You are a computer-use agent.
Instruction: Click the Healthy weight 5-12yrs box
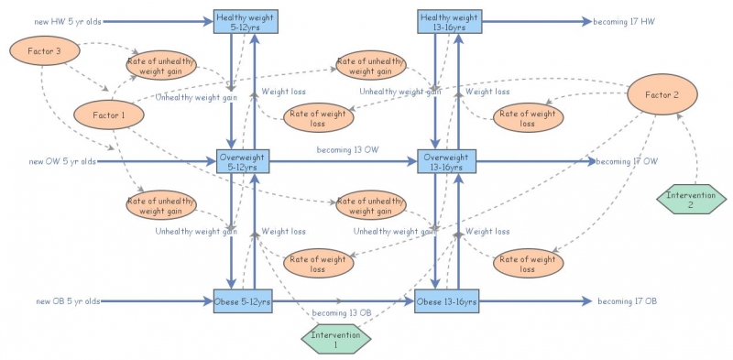coord(240,22)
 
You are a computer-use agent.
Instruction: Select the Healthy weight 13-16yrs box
coord(447,22)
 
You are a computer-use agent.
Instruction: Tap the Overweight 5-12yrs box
coord(242,161)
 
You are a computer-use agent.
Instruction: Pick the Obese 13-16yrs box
coord(447,302)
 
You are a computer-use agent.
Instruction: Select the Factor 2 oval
coord(662,94)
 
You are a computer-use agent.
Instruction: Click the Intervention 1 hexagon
coord(337,339)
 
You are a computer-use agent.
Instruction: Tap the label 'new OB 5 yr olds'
coord(67,301)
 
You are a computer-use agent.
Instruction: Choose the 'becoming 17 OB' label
coord(627,301)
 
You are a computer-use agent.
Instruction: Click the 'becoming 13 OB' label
coord(342,313)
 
